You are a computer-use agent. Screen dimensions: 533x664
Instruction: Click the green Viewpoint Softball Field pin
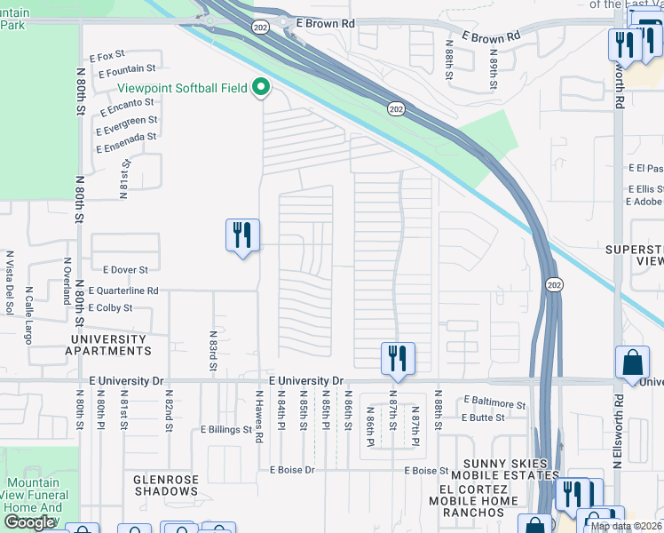click(x=261, y=89)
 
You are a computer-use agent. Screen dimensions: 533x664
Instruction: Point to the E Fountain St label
click(x=127, y=68)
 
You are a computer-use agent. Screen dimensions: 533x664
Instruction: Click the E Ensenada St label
click(x=126, y=137)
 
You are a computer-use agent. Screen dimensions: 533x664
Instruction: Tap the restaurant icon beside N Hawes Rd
click(x=242, y=235)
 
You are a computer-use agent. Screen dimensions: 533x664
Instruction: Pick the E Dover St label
click(x=125, y=269)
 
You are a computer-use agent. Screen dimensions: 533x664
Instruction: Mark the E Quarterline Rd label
click(x=124, y=290)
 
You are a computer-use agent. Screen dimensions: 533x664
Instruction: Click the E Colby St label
click(x=110, y=308)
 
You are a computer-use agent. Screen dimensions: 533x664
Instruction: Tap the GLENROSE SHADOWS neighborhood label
click(x=178, y=485)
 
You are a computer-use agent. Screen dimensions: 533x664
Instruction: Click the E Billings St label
click(x=226, y=429)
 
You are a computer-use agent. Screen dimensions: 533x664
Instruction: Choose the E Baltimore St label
click(x=494, y=403)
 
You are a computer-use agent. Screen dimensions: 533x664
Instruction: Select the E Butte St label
click(x=483, y=417)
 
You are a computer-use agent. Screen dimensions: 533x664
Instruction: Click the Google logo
click(x=29, y=522)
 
